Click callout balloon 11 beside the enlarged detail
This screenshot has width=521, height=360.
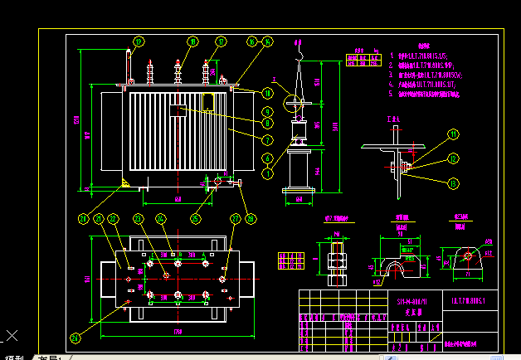pyautogui.click(x=454, y=134)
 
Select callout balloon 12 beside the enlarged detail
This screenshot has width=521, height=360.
pyautogui.click(x=454, y=158)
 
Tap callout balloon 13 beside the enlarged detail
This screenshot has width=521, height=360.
pyautogui.click(x=454, y=182)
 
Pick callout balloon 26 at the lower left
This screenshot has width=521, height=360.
pyautogui.click(x=76, y=338)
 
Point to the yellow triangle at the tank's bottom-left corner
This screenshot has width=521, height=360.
pyautogui.click(x=124, y=182)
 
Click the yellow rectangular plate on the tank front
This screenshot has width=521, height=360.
pyautogui.click(x=208, y=101)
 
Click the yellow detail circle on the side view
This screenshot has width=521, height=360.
pyautogui.click(x=294, y=103)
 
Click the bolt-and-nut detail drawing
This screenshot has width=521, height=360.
pyautogui.click(x=337, y=259)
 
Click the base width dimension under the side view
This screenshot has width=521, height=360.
pyautogui.click(x=297, y=200)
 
